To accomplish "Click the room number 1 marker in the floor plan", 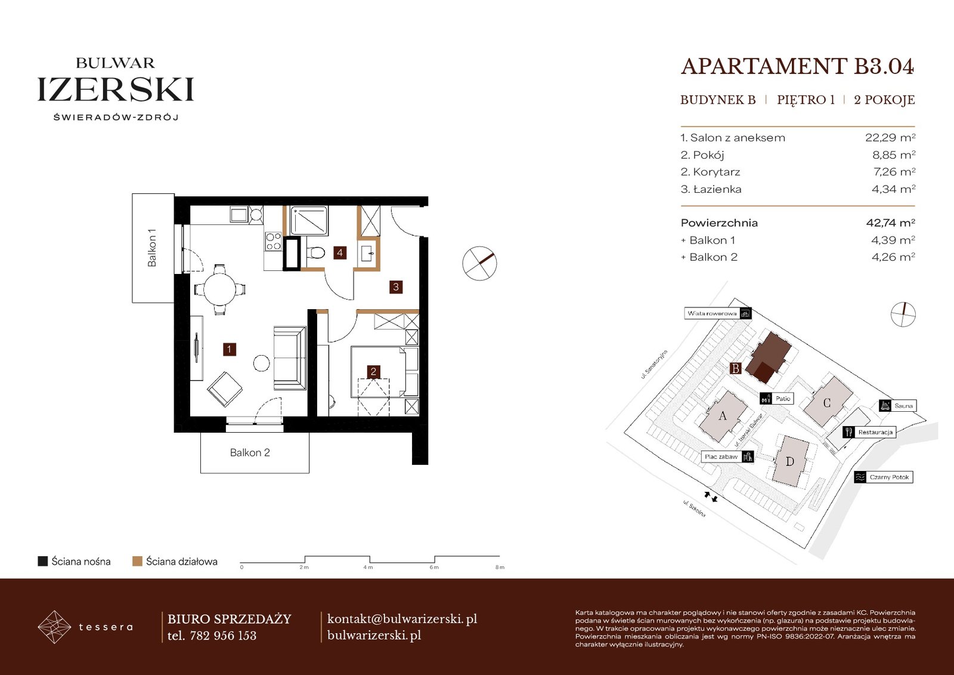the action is [x=229, y=350].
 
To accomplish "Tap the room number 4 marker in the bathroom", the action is [x=339, y=252].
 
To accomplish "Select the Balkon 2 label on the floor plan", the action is [x=250, y=452].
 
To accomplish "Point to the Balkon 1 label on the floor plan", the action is [x=152, y=248].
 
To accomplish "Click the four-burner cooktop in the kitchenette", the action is [x=273, y=241].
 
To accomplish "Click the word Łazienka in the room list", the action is [x=717, y=189].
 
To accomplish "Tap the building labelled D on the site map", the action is [x=790, y=461].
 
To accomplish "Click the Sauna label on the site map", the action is [x=903, y=405].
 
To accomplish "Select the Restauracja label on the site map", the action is [x=875, y=432].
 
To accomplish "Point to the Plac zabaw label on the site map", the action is [x=721, y=457].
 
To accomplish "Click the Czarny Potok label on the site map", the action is [x=889, y=477].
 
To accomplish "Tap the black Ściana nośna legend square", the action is [x=42, y=561].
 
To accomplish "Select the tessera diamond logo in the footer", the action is [x=54, y=627].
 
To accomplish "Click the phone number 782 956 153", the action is [x=223, y=636].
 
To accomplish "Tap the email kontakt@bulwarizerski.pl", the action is [x=402, y=619].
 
